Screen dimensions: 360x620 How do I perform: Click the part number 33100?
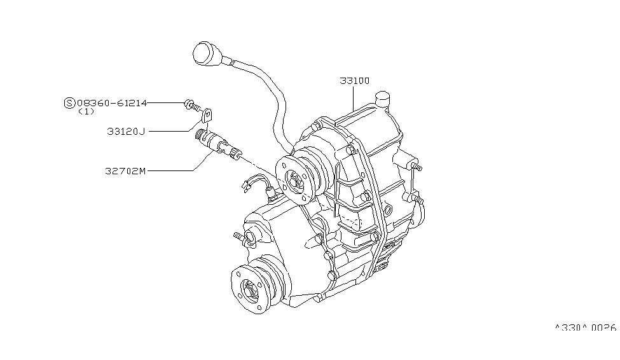click(x=354, y=81)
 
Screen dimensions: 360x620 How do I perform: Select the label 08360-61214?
click(x=112, y=102)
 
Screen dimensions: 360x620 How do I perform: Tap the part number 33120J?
click(x=127, y=131)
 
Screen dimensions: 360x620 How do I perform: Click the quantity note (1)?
click(x=86, y=111)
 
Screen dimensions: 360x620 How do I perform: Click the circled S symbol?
click(x=69, y=102)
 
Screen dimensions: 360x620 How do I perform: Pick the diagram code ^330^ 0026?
click(x=586, y=328)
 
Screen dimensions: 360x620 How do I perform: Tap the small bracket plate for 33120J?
click(x=207, y=116)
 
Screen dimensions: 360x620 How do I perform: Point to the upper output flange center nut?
click(x=297, y=180)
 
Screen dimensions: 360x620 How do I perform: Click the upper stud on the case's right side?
click(x=417, y=167)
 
